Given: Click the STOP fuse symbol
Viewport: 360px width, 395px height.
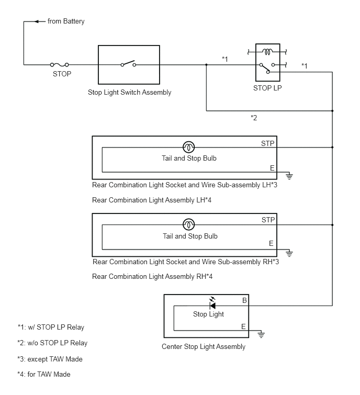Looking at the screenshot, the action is point(60,65).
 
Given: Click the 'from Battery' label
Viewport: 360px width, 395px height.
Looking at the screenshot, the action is point(66,21).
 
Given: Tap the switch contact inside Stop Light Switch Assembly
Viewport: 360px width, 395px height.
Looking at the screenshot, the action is point(129,63).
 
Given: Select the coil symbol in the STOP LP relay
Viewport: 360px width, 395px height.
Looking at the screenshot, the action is point(267,52).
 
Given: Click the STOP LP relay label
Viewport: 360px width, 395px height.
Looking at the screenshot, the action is point(267,88).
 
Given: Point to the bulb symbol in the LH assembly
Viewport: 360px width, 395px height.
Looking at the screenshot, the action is point(188,147).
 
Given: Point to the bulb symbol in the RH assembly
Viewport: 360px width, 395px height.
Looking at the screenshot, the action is point(188,224).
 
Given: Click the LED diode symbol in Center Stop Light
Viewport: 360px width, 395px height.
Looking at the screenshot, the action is point(212,303).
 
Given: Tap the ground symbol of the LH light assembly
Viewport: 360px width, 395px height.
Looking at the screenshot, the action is point(289,176).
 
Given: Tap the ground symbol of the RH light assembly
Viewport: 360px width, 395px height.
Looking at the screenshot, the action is point(289,253).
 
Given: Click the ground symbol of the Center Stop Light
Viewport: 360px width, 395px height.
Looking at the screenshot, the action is point(261,334).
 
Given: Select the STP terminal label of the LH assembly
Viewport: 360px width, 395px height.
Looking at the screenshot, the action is point(267,143).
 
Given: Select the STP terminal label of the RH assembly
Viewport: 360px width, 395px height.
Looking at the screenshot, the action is point(268,220).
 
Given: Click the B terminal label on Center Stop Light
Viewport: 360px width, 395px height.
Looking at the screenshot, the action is point(244,300).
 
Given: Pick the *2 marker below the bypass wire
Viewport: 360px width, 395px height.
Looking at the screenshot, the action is point(254,118).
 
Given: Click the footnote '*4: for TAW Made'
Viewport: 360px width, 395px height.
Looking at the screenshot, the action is point(44,375).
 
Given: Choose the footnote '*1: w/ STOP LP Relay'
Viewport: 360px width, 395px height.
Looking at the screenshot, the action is point(51,327).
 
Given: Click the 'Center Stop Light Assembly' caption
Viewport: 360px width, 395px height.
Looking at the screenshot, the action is point(204,347).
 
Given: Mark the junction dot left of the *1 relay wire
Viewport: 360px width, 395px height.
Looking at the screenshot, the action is point(206,65).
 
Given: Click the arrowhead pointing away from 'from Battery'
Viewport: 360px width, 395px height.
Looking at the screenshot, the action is point(37,21).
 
